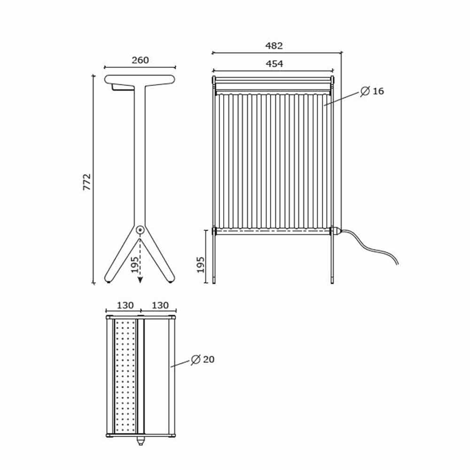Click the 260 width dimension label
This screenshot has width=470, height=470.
(140, 60)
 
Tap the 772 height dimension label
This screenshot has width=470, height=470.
(87, 182)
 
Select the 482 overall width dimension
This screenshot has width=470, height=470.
(274, 46)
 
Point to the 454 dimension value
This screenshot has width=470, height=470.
(274, 63)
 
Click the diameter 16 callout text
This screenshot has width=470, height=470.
(373, 91)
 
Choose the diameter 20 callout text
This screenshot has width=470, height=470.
(203, 360)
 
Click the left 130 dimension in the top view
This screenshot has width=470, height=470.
(125, 305)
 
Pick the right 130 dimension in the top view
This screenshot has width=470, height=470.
(160, 305)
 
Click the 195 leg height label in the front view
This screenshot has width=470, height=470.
(201, 265)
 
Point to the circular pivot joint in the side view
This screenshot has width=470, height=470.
(140, 230)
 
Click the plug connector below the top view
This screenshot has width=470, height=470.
(140, 441)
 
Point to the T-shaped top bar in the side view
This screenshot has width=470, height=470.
(140, 79)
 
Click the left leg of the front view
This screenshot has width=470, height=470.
(215, 258)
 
